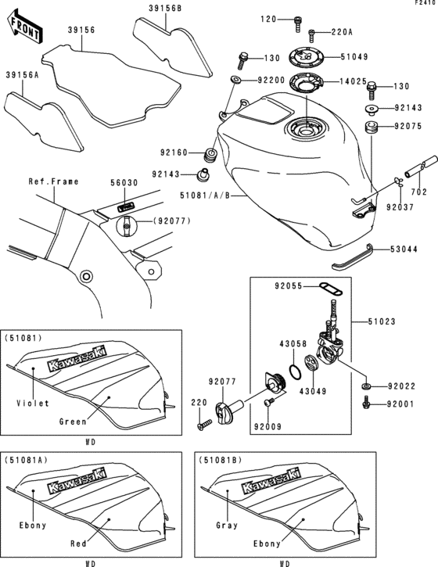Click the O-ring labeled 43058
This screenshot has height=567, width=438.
point(293,370)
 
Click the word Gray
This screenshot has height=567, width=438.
point(225,526)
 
